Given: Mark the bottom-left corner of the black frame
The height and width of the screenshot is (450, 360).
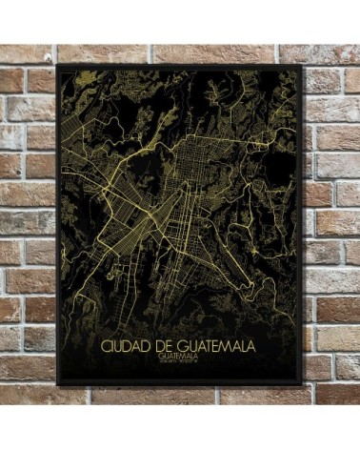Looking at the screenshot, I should coord(58,384).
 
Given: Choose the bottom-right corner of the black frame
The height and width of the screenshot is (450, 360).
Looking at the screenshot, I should coord(302,384).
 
